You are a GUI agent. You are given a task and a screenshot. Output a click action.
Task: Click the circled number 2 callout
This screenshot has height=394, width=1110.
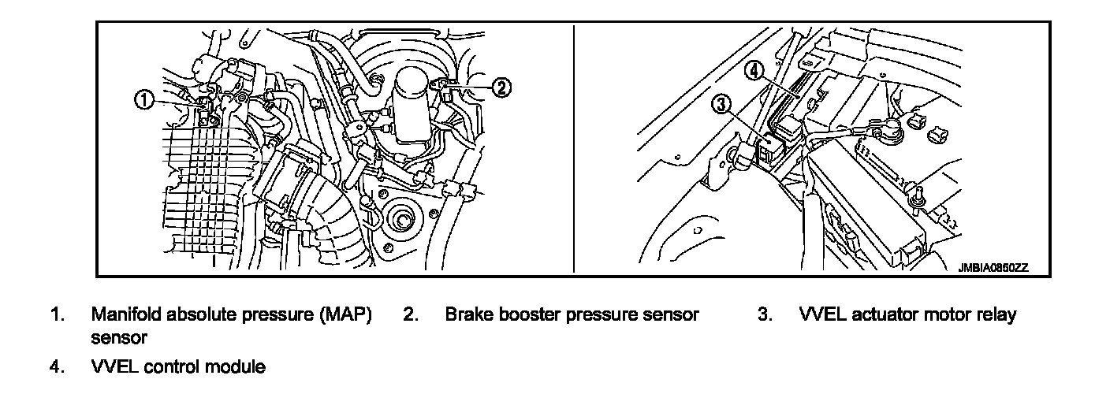pos(501,87)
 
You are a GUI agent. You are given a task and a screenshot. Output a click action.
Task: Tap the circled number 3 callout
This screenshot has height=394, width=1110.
pos(722,105)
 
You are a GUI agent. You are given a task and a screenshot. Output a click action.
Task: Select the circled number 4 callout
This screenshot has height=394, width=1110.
pos(754,71)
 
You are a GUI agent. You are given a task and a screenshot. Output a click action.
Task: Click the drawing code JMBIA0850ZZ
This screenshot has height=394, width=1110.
pos(993,268)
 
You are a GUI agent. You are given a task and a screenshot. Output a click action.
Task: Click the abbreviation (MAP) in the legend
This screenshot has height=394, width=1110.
pos(344,315)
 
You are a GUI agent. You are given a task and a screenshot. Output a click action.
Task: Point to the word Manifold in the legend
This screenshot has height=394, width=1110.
pos(125,315)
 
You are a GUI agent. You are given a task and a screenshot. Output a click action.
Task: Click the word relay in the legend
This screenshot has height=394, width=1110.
pos(996,315)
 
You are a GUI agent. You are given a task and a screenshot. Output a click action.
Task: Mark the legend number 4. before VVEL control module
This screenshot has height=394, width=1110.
pos(57,367)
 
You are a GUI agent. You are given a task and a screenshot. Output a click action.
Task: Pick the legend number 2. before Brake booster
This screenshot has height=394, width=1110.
pos(410,315)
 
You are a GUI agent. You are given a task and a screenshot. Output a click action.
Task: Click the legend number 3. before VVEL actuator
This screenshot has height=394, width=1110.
pos(764,315)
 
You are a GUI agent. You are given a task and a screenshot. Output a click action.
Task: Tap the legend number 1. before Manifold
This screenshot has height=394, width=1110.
pos(57,315)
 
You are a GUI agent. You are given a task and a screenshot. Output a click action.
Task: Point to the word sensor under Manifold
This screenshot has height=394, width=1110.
pos(120,338)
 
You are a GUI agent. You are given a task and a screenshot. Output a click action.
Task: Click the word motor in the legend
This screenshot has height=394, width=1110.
pos(946,315)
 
